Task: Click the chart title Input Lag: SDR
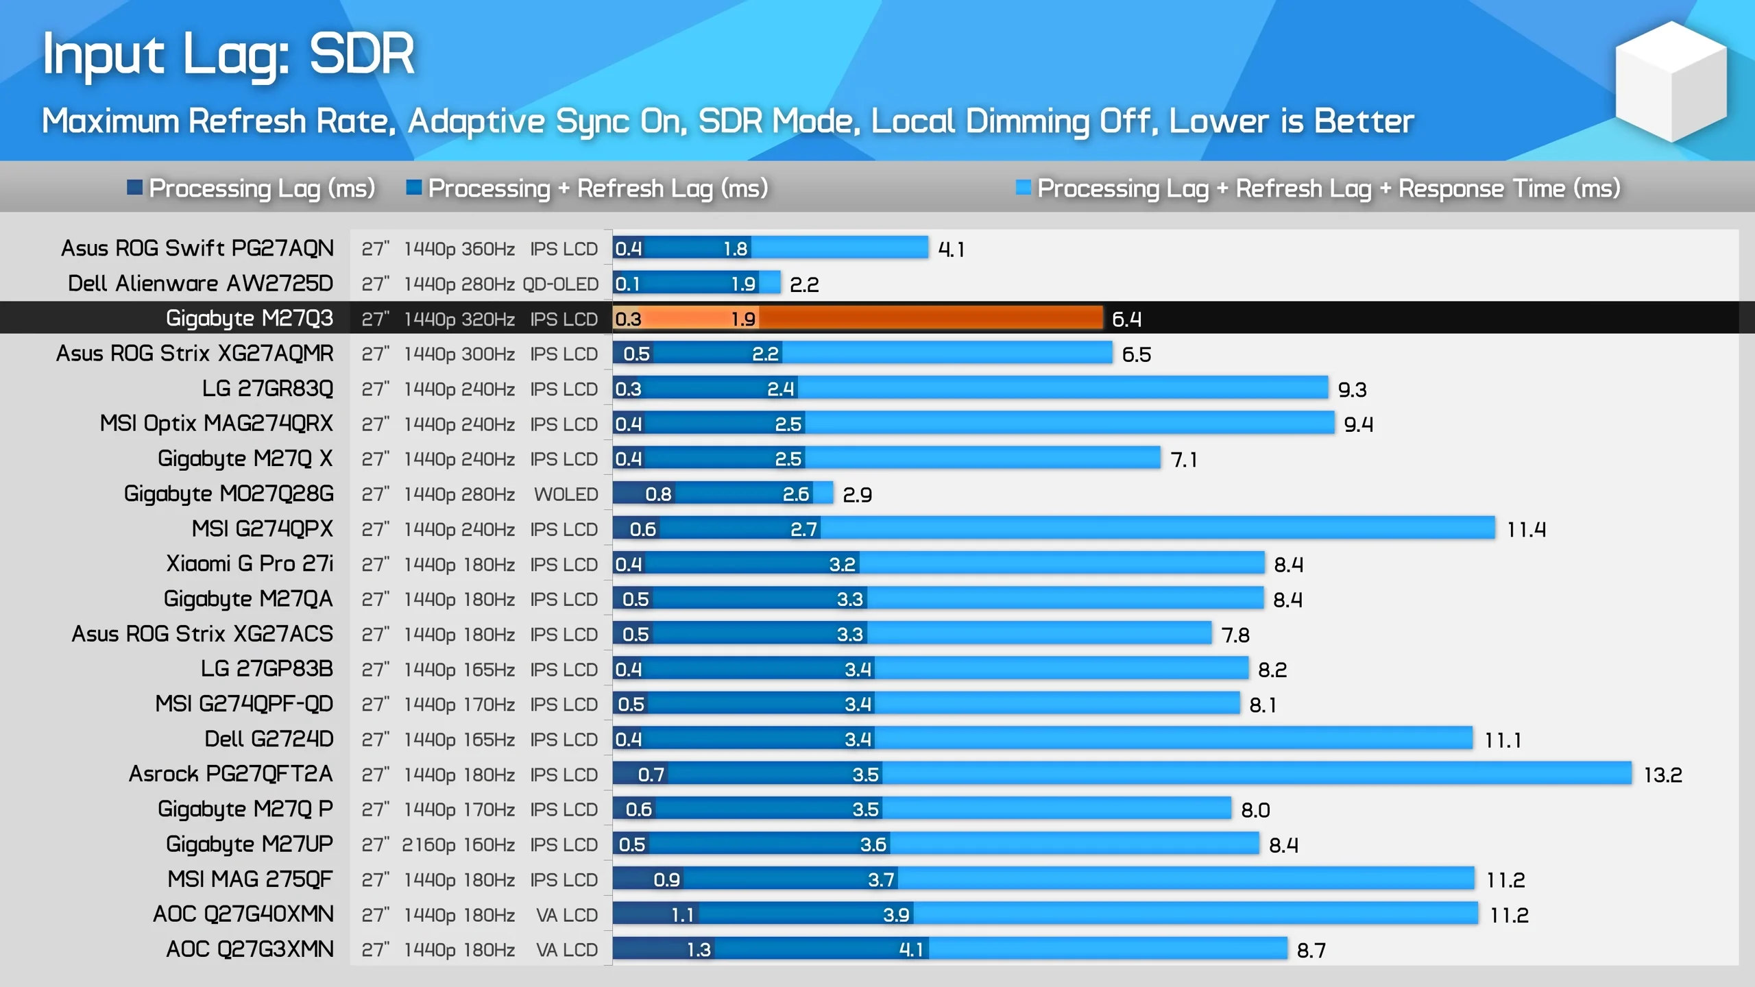pyautogui.click(x=228, y=55)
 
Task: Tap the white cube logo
pyautogui.click(x=1671, y=81)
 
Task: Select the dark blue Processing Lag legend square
pyautogui.click(x=134, y=187)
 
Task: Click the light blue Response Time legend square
pyautogui.click(x=1023, y=187)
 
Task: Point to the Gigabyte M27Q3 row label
pyautogui.click(x=250, y=318)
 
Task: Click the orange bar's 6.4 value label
pyautogui.click(x=1126, y=319)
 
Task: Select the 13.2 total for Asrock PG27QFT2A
pyautogui.click(x=1662, y=775)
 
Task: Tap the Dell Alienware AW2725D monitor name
pyautogui.click(x=200, y=283)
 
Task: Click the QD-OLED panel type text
pyautogui.click(x=560, y=284)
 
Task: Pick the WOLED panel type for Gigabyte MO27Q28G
pyautogui.click(x=566, y=494)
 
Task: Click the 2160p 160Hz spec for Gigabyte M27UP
pyautogui.click(x=459, y=844)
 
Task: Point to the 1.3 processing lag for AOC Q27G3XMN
pyautogui.click(x=699, y=949)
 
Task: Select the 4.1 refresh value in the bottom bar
pyautogui.click(x=911, y=949)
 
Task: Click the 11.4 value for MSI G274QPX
pyautogui.click(x=1526, y=530)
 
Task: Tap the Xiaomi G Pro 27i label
pyautogui.click(x=250, y=563)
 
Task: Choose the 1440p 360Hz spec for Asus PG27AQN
pyautogui.click(x=459, y=249)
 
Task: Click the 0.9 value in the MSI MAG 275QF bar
pyautogui.click(x=666, y=879)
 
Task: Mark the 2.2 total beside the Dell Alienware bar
pyautogui.click(x=804, y=284)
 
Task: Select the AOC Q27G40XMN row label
pyautogui.click(x=243, y=914)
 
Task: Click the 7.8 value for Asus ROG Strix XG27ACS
pyautogui.click(x=1235, y=635)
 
